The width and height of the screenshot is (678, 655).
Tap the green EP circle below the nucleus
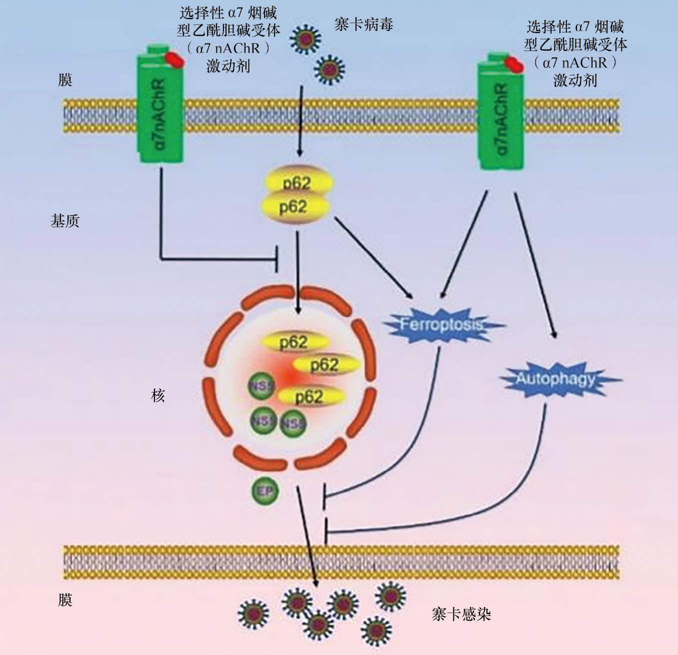(265, 492)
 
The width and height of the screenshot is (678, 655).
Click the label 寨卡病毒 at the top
(363, 24)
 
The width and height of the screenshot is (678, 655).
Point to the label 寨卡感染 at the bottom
(461, 614)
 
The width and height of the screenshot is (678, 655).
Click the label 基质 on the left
(65, 221)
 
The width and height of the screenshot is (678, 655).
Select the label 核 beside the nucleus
(158, 396)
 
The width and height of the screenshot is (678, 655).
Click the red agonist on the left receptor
(175, 59)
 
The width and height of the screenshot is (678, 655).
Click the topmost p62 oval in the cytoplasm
(297, 182)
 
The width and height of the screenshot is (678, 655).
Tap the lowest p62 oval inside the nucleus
(310, 397)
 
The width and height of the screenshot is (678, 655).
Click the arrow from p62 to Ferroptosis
(372, 257)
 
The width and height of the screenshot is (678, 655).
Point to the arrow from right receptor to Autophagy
(535, 265)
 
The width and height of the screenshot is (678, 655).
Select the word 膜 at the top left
(65, 79)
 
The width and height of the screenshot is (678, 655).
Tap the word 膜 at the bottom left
(65, 600)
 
